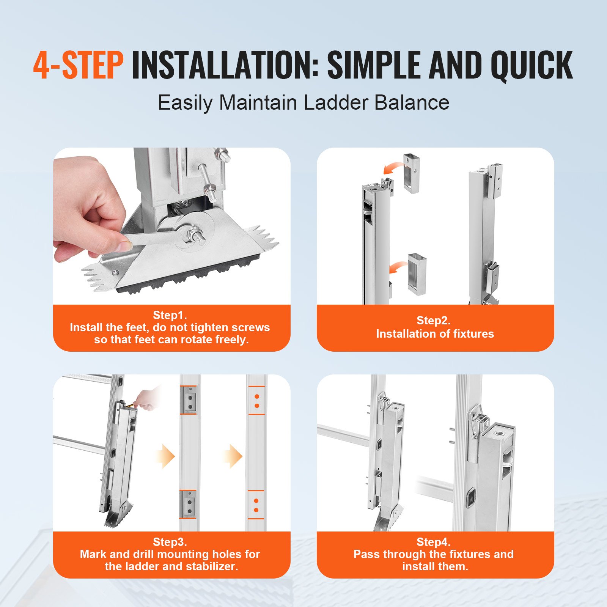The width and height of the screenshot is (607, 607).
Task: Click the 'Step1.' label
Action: click(170, 315)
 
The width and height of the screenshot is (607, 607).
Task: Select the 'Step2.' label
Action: click(434, 320)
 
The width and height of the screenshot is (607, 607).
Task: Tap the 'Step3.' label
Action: click(170, 542)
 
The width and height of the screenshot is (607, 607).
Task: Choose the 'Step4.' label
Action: click(434, 542)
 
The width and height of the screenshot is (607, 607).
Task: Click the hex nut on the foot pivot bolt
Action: click(190, 236)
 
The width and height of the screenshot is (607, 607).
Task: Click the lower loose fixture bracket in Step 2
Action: click(417, 274)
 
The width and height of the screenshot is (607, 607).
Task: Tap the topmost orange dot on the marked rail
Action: click(257, 396)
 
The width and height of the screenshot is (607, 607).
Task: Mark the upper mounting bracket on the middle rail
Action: click(189, 401)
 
